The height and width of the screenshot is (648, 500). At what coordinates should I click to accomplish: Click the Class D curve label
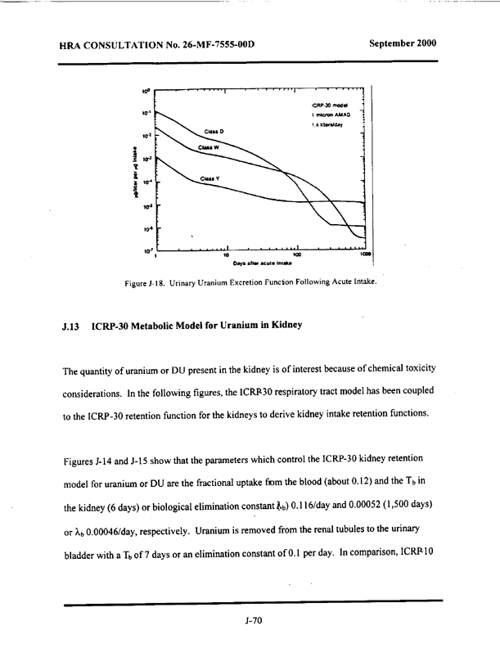coord(214,131)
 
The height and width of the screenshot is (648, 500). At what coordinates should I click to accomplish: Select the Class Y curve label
coord(209,178)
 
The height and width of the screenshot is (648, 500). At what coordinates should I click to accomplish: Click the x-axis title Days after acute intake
coord(261,263)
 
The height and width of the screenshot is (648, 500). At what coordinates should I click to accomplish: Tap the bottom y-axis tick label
coord(146,250)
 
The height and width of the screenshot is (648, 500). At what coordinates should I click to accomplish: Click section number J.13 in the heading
coord(71,326)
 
